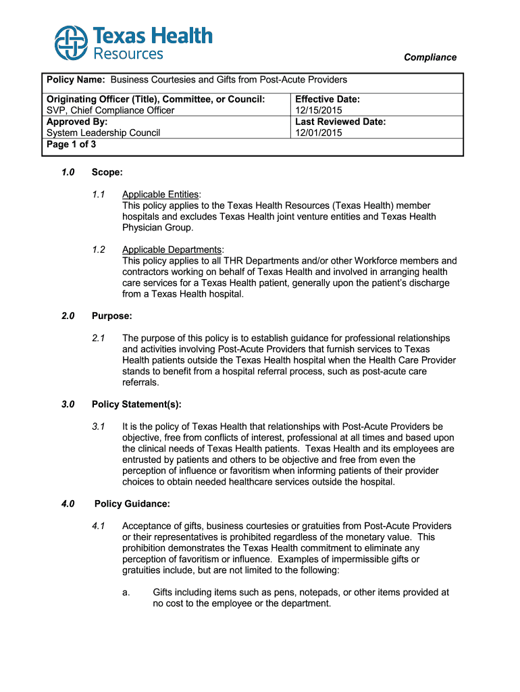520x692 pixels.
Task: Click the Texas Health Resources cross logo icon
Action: [x=71, y=43]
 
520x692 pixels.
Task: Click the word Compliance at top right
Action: [x=430, y=57]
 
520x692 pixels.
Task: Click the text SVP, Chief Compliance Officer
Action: [x=110, y=110]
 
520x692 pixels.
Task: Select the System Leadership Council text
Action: [x=103, y=133]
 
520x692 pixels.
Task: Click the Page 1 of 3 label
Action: [x=71, y=144]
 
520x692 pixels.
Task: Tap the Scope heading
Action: [x=107, y=173]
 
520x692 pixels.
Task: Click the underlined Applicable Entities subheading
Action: [x=161, y=195]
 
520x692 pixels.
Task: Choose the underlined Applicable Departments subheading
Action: [x=172, y=249]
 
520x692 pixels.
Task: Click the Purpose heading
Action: [x=111, y=316]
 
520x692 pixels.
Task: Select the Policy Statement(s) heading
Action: [x=136, y=404]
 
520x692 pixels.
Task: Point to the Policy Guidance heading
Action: [x=132, y=503]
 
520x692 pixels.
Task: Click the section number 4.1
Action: [x=99, y=526]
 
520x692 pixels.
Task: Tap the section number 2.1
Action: [x=99, y=338]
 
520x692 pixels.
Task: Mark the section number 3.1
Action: [x=99, y=426]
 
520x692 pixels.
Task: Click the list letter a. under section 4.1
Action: [x=126, y=592]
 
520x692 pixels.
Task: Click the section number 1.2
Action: [x=99, y=249]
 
